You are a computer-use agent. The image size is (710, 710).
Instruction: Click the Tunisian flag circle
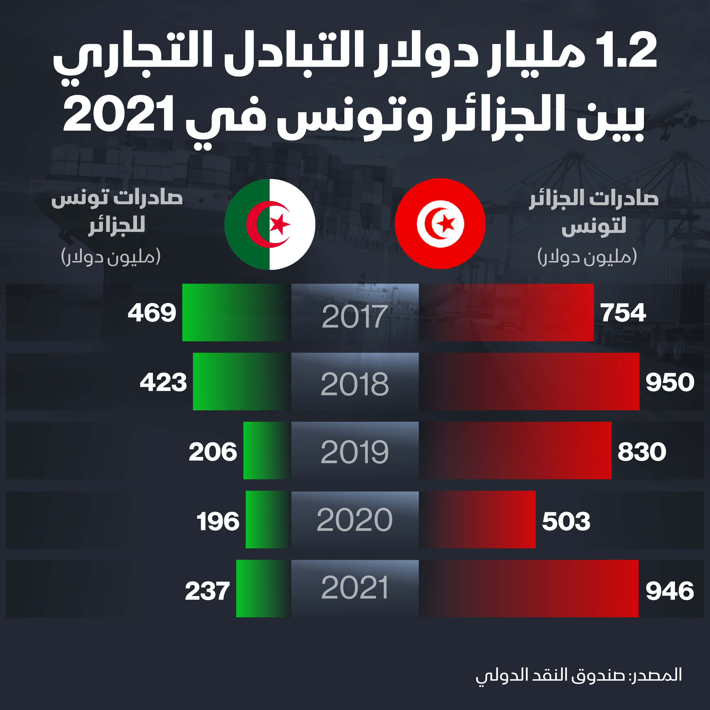440,224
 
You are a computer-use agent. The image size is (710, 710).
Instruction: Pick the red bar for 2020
477,520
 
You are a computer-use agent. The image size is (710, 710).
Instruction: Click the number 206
213,452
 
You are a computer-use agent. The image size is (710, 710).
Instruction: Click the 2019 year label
355,452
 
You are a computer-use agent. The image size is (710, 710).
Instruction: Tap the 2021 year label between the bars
355,588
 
